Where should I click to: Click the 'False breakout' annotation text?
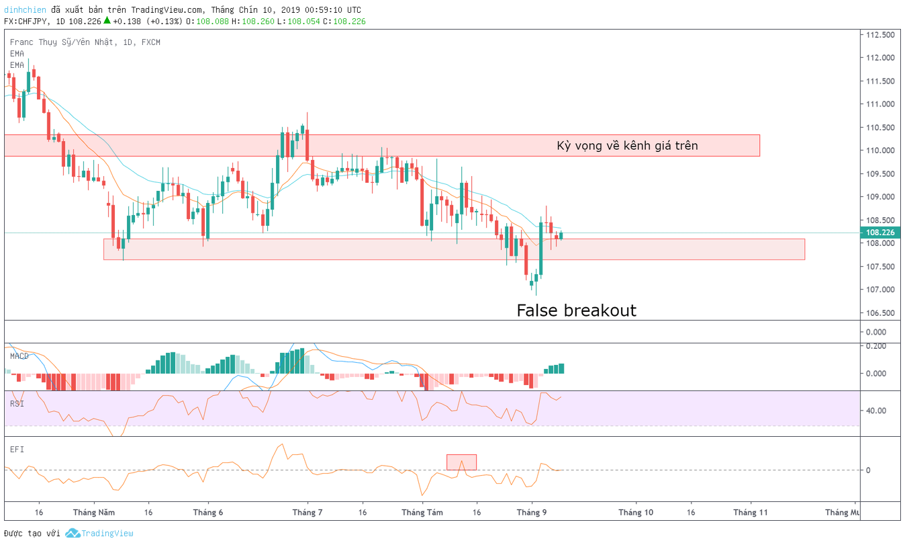coord(577,310)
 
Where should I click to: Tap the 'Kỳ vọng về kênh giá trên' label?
coord(627,146)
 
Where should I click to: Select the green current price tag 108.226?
coord(880,233)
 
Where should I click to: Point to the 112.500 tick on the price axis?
coord(880,35)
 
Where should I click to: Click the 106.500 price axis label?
coord(880,313)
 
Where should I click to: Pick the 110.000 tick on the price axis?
coord(880,151)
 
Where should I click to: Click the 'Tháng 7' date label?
coord(307,512)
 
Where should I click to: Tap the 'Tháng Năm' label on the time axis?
coord(94,512)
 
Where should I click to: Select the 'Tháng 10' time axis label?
coord(636,512)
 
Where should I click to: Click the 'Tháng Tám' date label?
coord(422,512)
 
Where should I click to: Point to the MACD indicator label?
coord(19,356)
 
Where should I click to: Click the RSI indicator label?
coord(17,403)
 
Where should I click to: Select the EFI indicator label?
coord(17,450)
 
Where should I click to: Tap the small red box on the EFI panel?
coord(461,462)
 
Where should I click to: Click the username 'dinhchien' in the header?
coord(25,9)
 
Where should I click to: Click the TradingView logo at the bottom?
coord(99,534)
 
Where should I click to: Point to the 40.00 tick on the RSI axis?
coord(876,411)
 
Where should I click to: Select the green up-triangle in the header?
coord(107,20)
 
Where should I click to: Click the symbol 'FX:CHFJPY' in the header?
coord(26,22)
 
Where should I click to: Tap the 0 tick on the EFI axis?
coord(868,470)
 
